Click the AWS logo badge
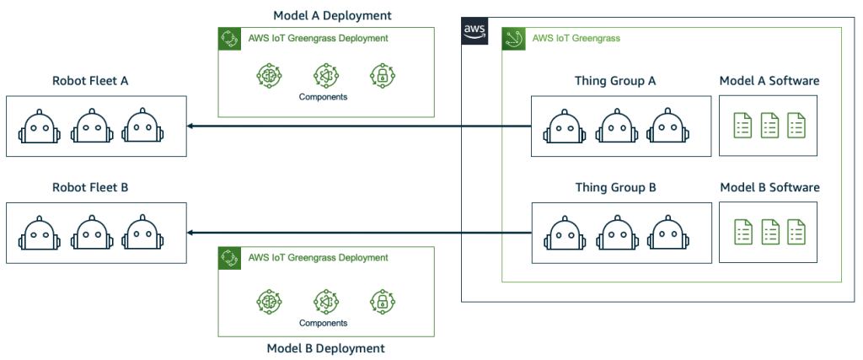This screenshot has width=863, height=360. pos(474,30)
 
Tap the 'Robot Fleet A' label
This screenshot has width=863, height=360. pos(90,82)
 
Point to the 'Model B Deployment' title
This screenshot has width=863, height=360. pos(326,348)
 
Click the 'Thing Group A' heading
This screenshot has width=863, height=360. pos(615,81)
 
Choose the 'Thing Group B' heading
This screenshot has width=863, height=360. pos(615,187)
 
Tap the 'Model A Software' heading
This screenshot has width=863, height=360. pos(769,81)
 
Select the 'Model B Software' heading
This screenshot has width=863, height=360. pos(769,187)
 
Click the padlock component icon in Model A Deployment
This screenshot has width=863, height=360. pos(381,76)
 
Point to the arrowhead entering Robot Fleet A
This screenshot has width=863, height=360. pos(191,126)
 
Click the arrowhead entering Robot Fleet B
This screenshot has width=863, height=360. pos(191,233)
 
